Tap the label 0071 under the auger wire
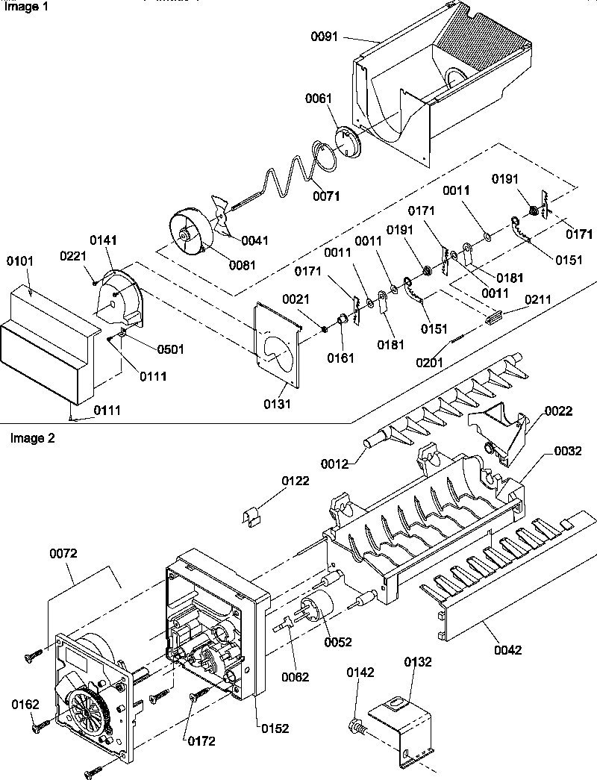[326, 196]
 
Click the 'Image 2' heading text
[32, 438]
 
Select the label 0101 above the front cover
[21, 263]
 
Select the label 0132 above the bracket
[419, 662]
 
